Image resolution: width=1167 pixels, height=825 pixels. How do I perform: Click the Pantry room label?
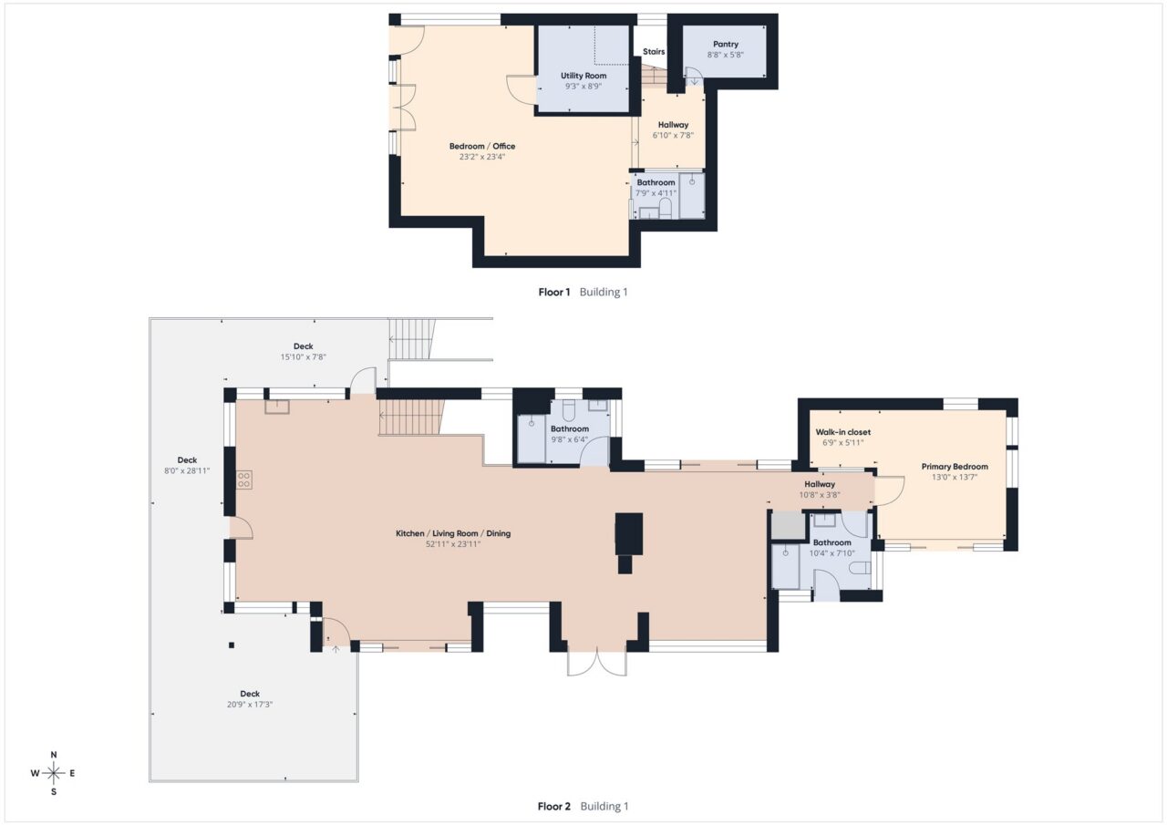click(726, 44)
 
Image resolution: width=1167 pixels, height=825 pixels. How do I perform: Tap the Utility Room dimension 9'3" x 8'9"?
click(583, 87)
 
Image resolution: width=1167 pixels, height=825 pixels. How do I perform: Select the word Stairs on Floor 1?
click(654, 52)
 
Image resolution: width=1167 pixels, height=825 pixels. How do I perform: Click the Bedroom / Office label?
click(482, 147)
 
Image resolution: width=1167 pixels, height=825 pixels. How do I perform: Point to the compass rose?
click(54, 773)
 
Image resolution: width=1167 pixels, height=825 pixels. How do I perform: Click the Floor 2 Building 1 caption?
click(583, 806)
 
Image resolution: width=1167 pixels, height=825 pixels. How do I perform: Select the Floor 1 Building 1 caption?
click(583, 293)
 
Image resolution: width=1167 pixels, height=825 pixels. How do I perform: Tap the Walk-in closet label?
click(843, 432)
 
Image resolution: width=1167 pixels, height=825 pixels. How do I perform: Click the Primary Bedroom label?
click(955, 467)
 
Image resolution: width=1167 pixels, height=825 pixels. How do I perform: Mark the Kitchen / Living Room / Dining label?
click(452, 533)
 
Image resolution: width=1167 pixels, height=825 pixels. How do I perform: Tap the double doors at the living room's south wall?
click(597, 664)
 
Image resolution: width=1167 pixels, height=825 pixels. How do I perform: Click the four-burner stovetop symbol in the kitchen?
click(244, 480)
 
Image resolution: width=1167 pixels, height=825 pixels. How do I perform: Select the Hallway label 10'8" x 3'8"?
click(820, 490)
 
